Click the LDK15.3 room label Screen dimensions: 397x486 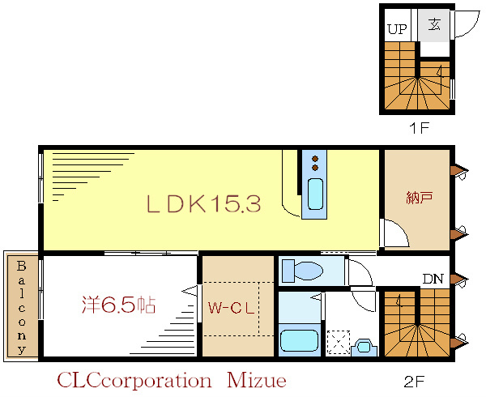pyautogui.click(x=203, y=205)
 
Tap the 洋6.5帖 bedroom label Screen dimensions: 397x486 pyautogui.click(x=117, y=305)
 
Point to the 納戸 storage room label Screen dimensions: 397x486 pyautogui.click(x=416, y=197)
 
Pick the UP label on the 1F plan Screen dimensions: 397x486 pyautogui.click(x=396, y=28)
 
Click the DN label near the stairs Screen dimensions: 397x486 pyautogui.click(x=433, y=280)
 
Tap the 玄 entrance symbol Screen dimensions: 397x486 pyautogui.click(x=434, y=24)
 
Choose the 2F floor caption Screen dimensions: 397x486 pyautogui.click(x=415, y=378)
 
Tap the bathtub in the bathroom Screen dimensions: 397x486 pyautogui.click(x=299, y=339)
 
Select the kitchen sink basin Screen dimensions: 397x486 pyautogui.click(x=315, y=195)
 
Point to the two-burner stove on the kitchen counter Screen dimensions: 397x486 pyautogui.click(x=314, y=163)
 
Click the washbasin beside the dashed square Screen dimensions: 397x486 pyautogui.click(x=364, y=347)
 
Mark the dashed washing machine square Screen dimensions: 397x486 pyautogui.click(x=338, y=341)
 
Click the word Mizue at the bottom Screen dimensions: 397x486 pyautogui.click(x=251, y=379)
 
